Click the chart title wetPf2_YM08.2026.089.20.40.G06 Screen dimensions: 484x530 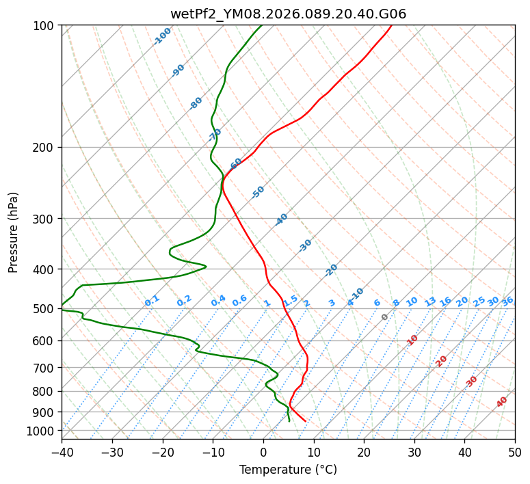click(x=288, y=14)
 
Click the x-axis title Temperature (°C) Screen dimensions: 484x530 click(x=288, y=470)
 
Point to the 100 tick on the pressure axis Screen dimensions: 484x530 click(x=45, y=26)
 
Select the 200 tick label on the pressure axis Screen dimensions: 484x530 click(x=45, y=148)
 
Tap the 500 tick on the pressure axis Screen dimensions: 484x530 click(x=45, y=309)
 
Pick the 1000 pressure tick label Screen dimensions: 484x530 click(x=42, y=431)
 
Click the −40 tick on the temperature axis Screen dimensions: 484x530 click(x=62, y=452)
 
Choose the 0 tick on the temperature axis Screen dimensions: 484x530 click(x=263, y=452)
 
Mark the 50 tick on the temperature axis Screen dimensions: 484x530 click(x=515, y=452)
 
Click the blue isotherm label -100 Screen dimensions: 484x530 click(x=163, y=36)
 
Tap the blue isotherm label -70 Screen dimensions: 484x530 click(x=215, y=134)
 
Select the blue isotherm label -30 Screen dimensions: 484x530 click(x=305, y=245)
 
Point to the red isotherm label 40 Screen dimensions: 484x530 click(x=502, y=402)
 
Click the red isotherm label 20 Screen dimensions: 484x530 click(x=442, y=360)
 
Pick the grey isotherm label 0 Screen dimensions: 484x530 click(x=385, y=317)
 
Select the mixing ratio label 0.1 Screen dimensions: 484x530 click(x=152, y=300)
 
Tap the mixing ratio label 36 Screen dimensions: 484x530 click(x=507, y=301)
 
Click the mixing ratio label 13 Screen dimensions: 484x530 click(x=430, y=301)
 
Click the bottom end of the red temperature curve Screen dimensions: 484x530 click(x=305, y=421)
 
